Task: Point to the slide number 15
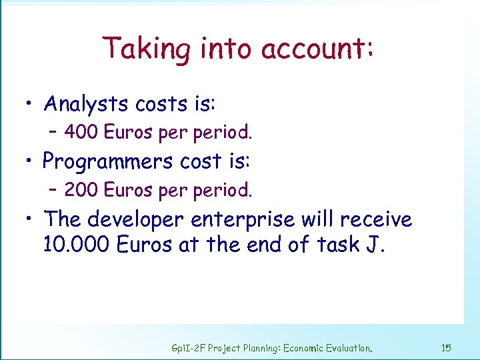[447, 347]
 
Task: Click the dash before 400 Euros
[55, 132]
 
